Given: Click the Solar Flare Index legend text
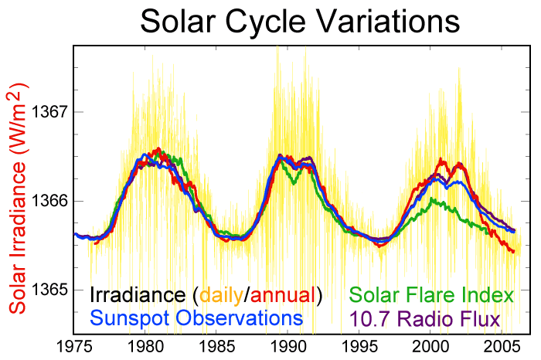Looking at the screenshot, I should [x=431, y=295].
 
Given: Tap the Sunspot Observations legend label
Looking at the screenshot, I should [x=196, y=318].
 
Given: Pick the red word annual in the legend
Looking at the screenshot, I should [x=283, y=295].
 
